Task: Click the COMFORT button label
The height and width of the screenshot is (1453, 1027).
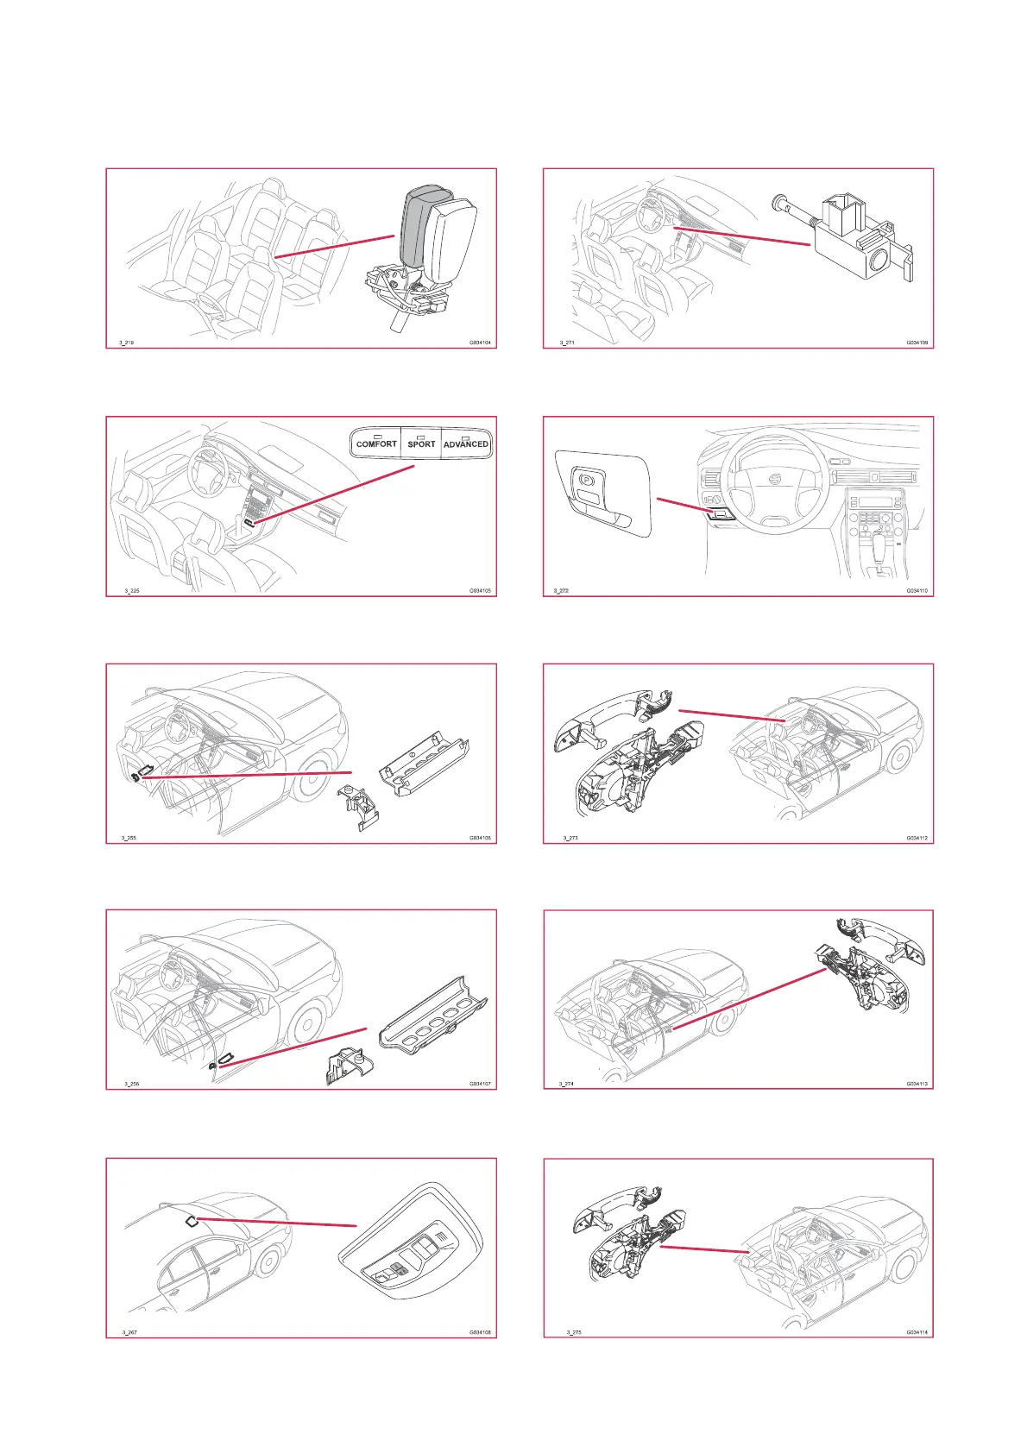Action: click(x=376, y=444)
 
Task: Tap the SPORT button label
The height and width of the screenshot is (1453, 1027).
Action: click(x=421, y=444)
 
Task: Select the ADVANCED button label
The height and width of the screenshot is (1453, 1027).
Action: click(x=466, y=444)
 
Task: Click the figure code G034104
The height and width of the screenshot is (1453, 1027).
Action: click(x=480, y=343)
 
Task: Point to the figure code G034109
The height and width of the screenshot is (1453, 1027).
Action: click(x=917, y=343)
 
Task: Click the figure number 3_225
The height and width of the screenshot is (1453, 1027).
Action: click(x=131, y=591)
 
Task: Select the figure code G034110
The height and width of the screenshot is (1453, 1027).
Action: click(x=917, y=591)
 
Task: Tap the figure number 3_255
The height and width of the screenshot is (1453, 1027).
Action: click(x=129, y=838)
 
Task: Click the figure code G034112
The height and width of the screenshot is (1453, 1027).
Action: click(x=917, y=838)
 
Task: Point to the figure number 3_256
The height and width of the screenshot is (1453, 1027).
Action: click(x=131, y=1084)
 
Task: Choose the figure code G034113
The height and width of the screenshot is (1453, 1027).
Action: click(x=917, y=1084)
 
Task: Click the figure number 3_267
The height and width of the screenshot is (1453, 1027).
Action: click(x=129, y=1332)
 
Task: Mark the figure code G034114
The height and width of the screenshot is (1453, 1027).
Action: click(x=917, y=1332)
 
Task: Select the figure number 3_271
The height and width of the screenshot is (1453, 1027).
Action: click(x=567, y=343)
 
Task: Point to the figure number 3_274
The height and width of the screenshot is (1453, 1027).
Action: click(x=566, y=1084)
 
